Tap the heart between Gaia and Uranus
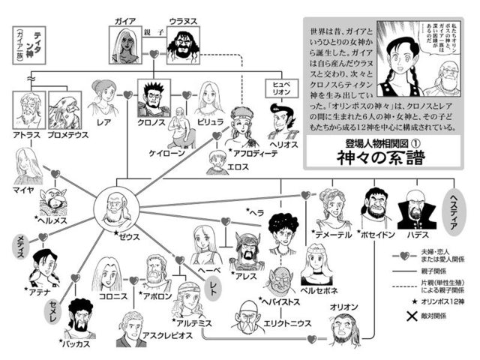154,54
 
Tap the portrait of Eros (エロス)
217,158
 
